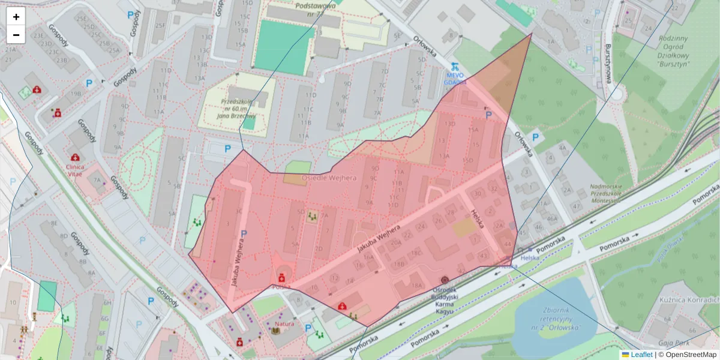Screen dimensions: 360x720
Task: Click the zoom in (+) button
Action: point(16,17)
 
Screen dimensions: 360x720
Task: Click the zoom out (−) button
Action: point(16,35)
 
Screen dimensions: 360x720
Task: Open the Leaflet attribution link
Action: point(641,355)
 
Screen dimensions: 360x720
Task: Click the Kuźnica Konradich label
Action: point(696,299)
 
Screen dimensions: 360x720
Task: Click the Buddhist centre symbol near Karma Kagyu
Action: point(445,280)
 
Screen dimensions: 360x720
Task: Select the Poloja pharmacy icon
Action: point(280,278)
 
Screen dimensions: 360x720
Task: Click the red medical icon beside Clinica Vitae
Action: point(75,157)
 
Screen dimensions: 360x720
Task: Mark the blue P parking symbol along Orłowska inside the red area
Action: point(488,114)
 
